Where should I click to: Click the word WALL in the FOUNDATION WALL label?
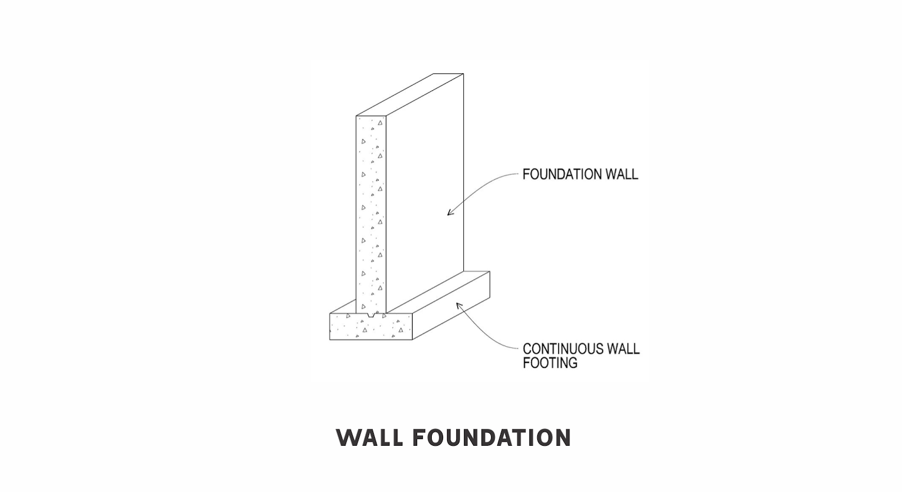622,175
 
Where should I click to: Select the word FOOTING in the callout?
550,363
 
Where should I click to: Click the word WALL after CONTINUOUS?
622,349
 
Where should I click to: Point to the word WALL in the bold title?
369,438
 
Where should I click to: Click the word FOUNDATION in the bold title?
492,438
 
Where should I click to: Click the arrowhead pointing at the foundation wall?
450,212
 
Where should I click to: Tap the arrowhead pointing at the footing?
458,305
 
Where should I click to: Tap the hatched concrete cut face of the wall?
371,214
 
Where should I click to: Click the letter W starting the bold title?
347,438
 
